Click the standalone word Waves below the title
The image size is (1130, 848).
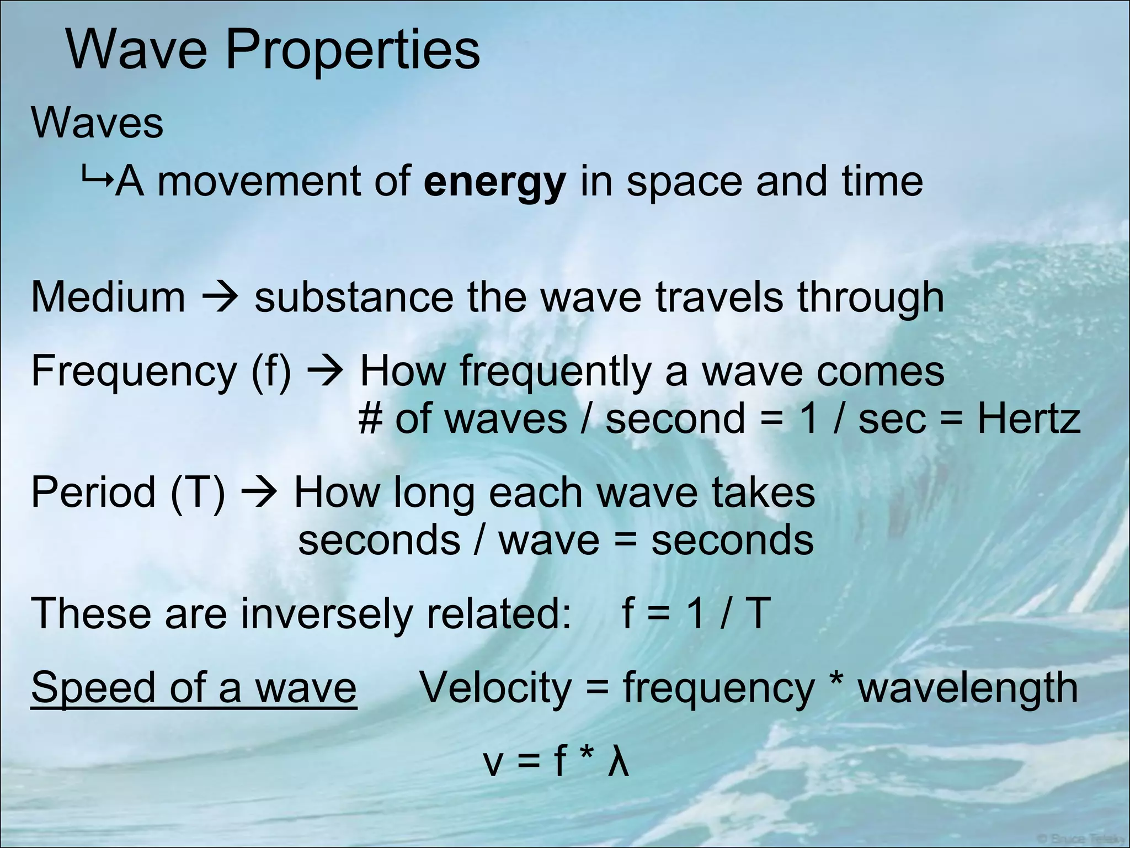click(97, 123)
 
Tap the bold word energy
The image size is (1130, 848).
click(495, 182)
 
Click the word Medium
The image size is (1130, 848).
click(108, 298)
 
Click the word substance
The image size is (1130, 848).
click(353, 298)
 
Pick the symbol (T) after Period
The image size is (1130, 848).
click(198, 492)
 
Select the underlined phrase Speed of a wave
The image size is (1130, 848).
click(194, 688)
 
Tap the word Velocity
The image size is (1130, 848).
click(495, 688)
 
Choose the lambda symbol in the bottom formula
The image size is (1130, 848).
click(618, 762)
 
